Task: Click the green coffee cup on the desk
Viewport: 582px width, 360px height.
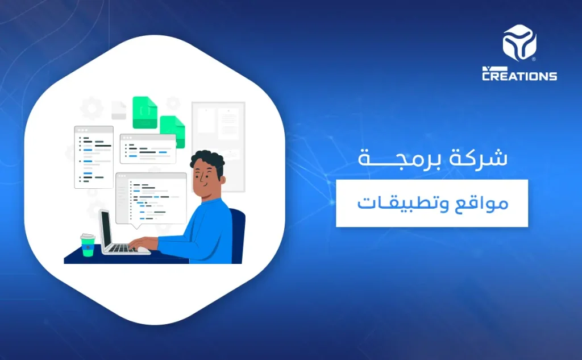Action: [87, 245]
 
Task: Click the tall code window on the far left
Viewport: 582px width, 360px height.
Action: [93, 156]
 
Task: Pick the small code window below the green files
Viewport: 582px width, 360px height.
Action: [147, 148]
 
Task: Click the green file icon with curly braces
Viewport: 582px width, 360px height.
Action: [144, 112]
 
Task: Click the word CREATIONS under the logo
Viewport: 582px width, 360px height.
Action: [519, 76]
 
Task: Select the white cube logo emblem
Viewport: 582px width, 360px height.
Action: [519, 43]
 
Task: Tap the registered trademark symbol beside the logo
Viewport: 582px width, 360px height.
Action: [534, 59]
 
